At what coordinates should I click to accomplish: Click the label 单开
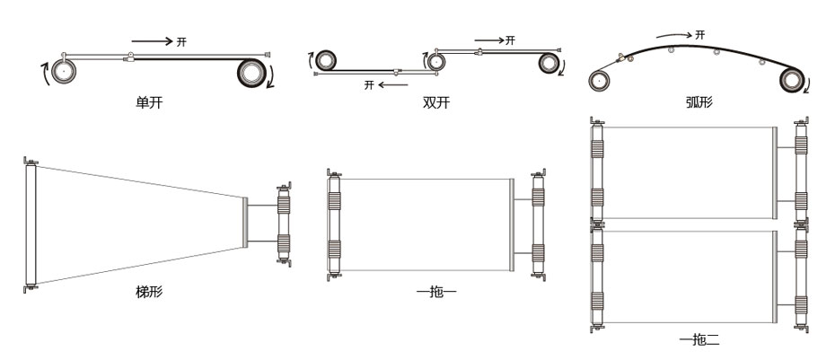click(149, 102)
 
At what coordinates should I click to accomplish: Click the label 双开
click(436, 102)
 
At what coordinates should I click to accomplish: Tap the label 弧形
click(699, 102)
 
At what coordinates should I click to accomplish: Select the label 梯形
click(149, 292)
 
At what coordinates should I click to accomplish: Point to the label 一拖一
click(436, 292)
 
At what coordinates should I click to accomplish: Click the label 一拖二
click(699, 339)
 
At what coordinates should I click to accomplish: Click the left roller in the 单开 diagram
click(64, 71)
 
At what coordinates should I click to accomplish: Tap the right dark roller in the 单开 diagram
click(251, 73)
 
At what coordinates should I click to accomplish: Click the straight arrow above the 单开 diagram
click(153, 41)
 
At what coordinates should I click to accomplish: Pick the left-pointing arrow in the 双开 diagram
click(393, 84)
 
